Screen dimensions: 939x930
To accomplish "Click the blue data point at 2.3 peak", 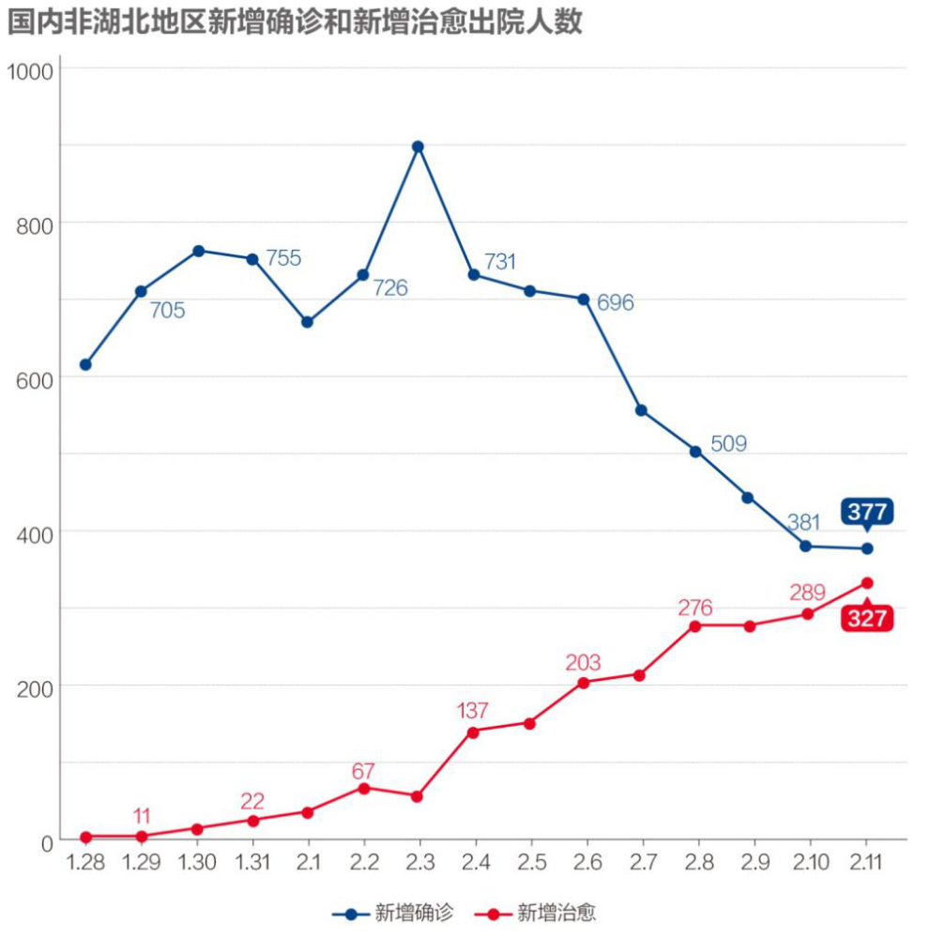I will coord(419,146).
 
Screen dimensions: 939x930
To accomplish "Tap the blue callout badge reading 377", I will coord(867,512).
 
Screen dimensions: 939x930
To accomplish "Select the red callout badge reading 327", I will coord(867,619).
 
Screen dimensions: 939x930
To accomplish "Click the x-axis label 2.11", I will coord(866,862).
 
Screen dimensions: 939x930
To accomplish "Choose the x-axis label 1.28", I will coord(85,862).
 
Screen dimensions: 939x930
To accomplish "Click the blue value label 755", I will coord(283,258).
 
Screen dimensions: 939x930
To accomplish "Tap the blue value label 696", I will coord(616,303).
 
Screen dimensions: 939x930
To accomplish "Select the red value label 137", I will coord(473,711).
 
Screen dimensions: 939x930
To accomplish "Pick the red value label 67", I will coord(363,771).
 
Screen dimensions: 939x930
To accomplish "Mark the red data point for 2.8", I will coord(695,625).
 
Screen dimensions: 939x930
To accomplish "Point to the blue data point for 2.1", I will coord(307,322).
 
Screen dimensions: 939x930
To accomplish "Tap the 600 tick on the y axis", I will coord(35,377).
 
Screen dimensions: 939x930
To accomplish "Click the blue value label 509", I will coord(729,443).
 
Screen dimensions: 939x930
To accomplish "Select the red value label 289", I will coord(807,593).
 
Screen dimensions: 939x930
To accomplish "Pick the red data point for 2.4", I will coord(473,731).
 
